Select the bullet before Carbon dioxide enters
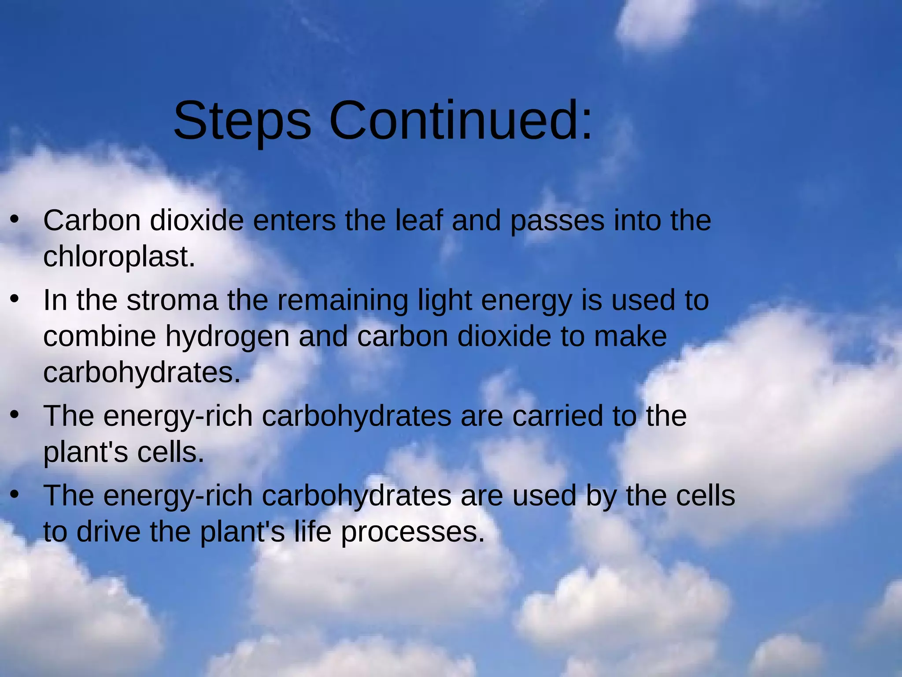click(x=15, y=219)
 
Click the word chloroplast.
click(x=119, y=257)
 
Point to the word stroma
click(x=172, y=301)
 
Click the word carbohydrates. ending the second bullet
click(x=142, y=373)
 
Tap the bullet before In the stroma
click(x=15, y=299)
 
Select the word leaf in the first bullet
click(x=418, y=220)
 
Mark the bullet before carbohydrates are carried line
click(x=15, y=415)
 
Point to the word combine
click(x=100, y=337)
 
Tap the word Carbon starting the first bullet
click(x=92, y=220)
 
